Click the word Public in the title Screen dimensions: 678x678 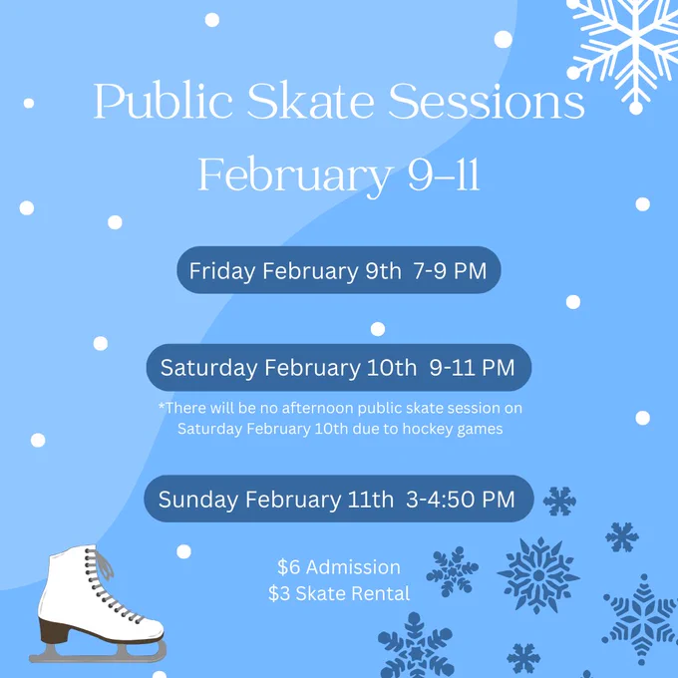(x=163, y=101)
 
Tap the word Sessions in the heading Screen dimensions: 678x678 (x=487, y=101)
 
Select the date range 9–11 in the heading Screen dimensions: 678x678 (x=444, y=174)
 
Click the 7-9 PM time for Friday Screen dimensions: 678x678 (x=450, y=271)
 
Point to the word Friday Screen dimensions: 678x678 (x=222, y=271)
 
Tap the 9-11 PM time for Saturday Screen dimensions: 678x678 (x=472, y=368)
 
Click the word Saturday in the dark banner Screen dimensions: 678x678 (x=208, y=368)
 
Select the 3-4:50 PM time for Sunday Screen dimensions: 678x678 (x=461, y=500)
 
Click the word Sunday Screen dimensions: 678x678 (x=198, y=500)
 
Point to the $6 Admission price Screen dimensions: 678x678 (x=339, y=567)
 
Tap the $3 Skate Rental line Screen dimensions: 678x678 (x=339, y=593)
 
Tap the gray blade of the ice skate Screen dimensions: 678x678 (x=98, y=652)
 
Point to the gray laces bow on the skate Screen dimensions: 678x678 (x=104, y=562)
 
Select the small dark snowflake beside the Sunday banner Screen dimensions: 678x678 (x=559, y=502)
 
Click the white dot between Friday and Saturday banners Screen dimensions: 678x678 (x=378, y=329)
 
